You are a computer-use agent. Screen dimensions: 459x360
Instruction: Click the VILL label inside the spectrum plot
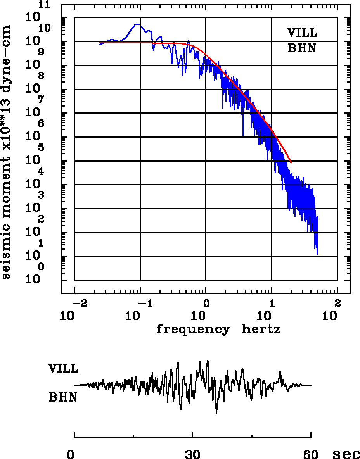(302, 33)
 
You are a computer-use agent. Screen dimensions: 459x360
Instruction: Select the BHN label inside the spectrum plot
(302, 48)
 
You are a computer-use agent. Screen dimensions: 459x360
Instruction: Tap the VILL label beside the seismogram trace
(63, 368)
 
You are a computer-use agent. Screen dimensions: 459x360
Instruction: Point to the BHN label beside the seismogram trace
(62, 397)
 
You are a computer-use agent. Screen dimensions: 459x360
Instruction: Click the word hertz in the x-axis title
(261, 330)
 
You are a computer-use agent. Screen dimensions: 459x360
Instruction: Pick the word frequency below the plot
(193, 330)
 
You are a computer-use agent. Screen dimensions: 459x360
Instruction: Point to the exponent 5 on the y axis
(41, 148)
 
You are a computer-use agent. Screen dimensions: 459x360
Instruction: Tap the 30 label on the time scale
(193, 454)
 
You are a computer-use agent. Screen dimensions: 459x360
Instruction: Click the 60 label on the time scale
(311, 454)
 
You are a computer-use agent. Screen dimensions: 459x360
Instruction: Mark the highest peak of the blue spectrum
(137, 24)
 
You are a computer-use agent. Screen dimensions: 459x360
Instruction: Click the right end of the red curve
(291, 162)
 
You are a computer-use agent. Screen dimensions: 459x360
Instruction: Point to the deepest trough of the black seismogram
(216, 413)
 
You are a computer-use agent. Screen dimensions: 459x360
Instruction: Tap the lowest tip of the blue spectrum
(317, 254)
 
